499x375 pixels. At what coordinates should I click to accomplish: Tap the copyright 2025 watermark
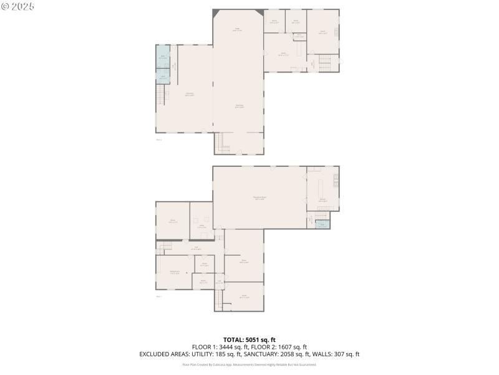[18, 6]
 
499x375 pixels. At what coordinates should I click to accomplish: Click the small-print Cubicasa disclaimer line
[249, 364]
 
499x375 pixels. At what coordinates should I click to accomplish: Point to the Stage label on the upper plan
[237, 29]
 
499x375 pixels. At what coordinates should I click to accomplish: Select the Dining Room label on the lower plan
[175, 272]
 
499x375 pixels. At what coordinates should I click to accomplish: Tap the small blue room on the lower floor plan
[322, 224]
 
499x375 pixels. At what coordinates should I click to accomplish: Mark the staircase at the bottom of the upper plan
[223, 143]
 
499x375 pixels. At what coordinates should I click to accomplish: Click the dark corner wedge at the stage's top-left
[216, 12]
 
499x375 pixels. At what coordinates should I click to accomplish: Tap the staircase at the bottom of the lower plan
[219, 302]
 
